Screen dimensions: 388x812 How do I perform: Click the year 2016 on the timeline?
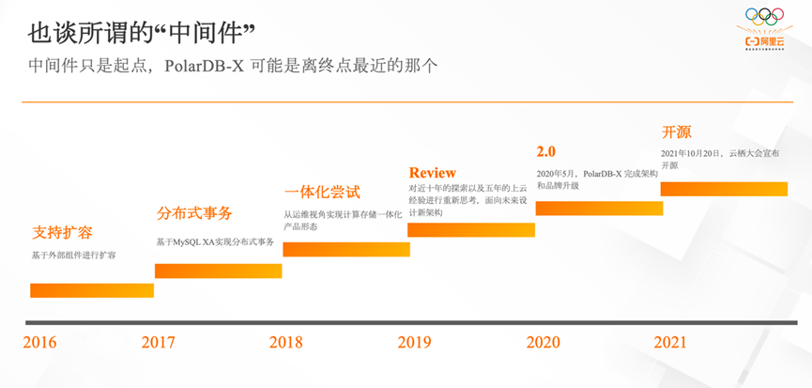pyautogui.click(x=40, y=342)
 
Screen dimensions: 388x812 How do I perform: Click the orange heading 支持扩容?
pyautogui.click(x=62, y=232)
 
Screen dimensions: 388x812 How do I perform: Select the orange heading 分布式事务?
pyautogui.click(x=194, y=213)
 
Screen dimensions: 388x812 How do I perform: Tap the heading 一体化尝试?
pyautogui.click(x=322, y=192)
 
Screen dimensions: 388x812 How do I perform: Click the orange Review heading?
pyautogui.click(x=433, y=173)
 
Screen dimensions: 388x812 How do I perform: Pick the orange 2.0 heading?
pyautogui.click(x=546, y=151)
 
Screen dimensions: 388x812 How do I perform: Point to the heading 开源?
pyautogui.click(x=676, y=132)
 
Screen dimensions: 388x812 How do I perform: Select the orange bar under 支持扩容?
pyautogui.click(x=91, y=290)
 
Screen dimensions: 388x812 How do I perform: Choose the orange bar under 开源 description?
pyautogui.click(x=723, y=189)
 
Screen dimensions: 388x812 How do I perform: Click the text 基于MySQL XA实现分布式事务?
pyautogui.click(x=215, y=242)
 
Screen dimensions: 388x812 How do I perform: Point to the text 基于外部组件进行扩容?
pyautogui.click(x=74, y=256)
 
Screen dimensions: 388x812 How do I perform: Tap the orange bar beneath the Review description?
pyautogui.click(x=470, y=229)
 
